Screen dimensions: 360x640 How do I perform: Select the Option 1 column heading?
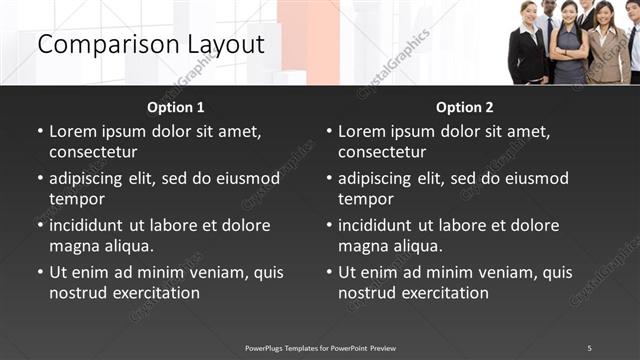176,108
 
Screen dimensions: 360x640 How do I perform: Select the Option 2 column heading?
465,108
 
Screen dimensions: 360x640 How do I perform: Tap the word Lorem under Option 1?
74,131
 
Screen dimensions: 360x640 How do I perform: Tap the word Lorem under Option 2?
363,131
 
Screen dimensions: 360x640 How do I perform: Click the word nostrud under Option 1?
78,293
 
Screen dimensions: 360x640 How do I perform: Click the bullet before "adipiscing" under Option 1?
41,179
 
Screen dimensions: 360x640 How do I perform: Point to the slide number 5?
589,347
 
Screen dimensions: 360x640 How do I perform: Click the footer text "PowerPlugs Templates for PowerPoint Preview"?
320,347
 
